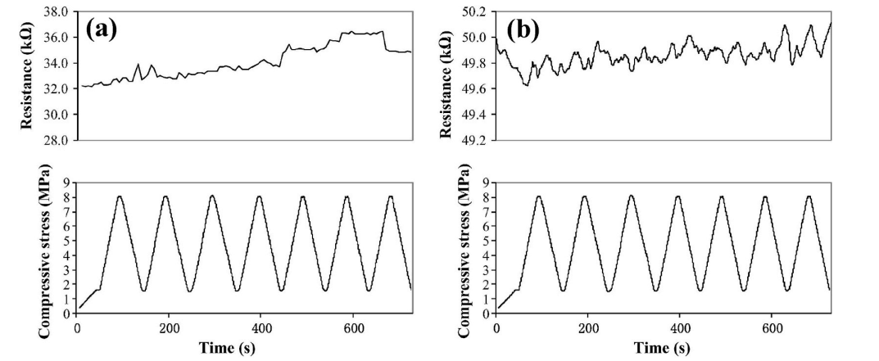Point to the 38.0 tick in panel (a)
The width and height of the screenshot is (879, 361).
coord(60,12)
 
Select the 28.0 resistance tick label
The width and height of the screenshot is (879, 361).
coord(60,141)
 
